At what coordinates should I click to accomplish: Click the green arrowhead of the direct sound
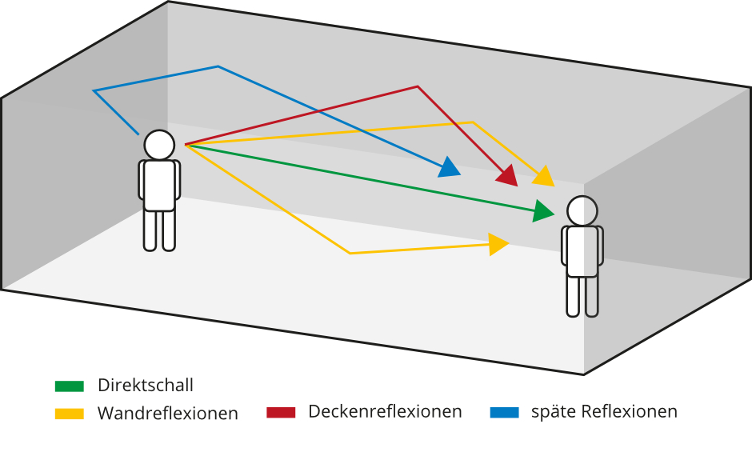[x=544, y=211]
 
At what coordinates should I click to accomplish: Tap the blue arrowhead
[x=450, y=167]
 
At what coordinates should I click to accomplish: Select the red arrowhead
[x=507, y=175]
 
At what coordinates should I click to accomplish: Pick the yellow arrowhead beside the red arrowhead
[x=545, y=176]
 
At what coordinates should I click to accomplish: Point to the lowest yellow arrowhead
[x=498, y=244]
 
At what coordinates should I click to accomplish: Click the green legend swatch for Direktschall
[x=69, y=386]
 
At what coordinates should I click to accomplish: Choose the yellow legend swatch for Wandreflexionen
[x=69, y=414]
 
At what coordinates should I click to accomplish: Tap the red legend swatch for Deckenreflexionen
[x=282, y=412]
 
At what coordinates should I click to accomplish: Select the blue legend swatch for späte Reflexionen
[x=504, y=412]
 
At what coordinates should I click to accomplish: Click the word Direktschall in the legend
[x=146, y=386]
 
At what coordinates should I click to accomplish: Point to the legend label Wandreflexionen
[x=168, y=414]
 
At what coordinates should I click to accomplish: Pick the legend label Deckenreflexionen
[x=385, y=412]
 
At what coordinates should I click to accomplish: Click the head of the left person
[x=159, y=145]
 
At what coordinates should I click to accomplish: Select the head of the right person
[x=582, y=211]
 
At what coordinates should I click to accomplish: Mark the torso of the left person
[x=159, y=185]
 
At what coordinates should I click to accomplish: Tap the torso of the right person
[x=582, y=251]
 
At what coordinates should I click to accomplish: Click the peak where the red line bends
[x=418, y=86]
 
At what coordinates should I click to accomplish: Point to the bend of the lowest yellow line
[x=350, y=254]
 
